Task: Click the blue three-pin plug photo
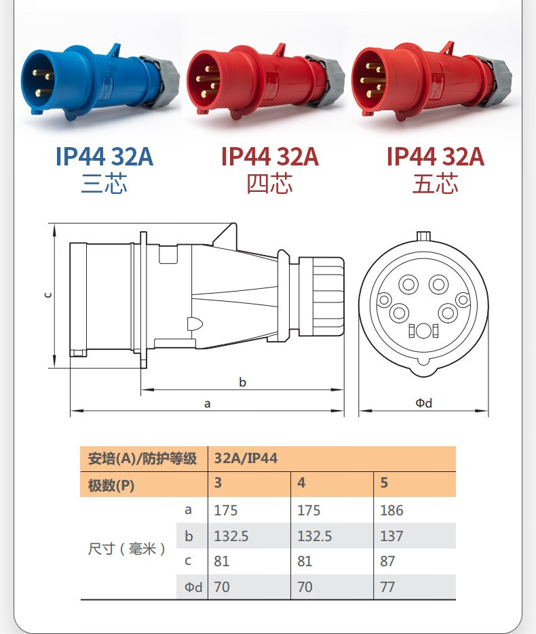coord(100,82)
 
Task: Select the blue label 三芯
coord(104,184)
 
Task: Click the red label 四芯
coord(270,184)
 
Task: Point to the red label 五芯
coord(436,184)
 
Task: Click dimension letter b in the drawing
coord(242,382)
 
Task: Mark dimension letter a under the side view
coord(207,403)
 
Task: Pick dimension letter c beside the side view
coord(48,295)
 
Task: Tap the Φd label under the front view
coord(423,403)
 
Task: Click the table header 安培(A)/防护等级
coord(142,458)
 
